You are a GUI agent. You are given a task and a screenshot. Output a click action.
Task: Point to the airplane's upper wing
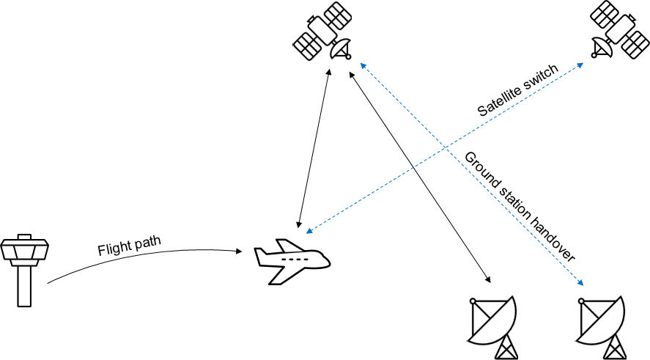click(x=289, y=246)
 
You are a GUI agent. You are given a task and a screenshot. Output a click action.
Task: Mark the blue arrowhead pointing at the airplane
click(x=308, y=232)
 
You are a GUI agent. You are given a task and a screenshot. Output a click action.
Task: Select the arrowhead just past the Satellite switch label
click(x=581, y=65)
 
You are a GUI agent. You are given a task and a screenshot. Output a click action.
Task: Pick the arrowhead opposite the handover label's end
click(x=362, y=65)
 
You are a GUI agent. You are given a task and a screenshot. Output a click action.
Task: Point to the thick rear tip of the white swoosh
click(x=51, y=282)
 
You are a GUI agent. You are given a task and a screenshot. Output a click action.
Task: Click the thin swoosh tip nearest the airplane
click(x=234, y=253)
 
